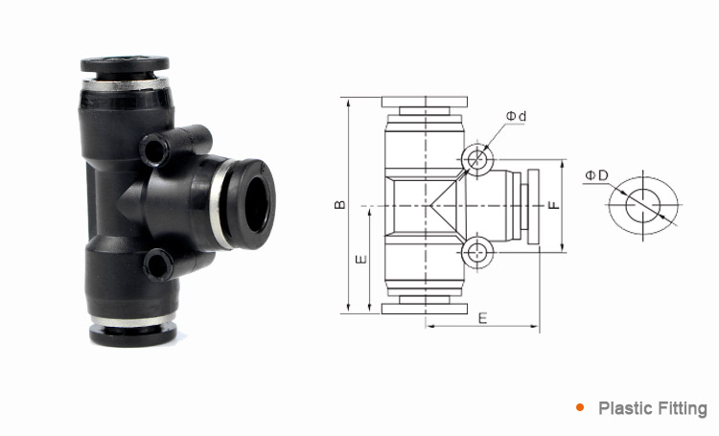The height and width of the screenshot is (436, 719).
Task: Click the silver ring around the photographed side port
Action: (221, 201)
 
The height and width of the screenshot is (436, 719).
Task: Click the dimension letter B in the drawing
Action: (338, 205)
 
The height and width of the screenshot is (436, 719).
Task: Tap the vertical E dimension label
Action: (359, 260)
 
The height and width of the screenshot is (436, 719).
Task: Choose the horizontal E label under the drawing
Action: (482, 317)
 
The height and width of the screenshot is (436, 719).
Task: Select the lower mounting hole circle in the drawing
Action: (476, 253)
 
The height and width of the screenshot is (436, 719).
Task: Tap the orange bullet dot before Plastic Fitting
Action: (580, 408)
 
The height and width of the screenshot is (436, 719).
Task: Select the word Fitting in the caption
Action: (682, 409)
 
